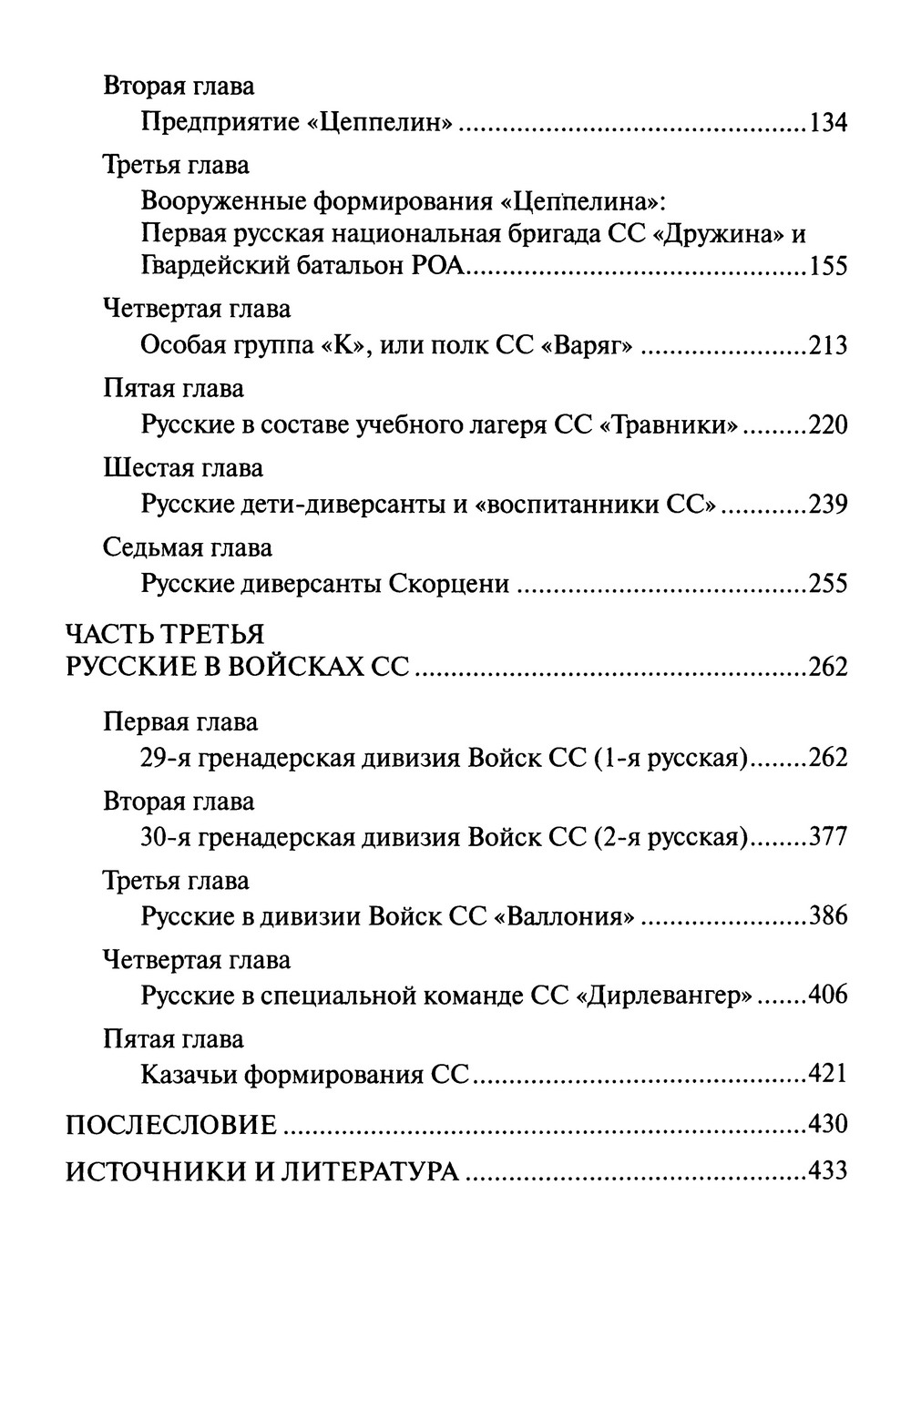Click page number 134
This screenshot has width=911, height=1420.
click(x=827, y=122)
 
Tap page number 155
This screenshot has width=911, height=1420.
click(x=827, y=266)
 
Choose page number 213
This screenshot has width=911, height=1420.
click(x=827, y=345)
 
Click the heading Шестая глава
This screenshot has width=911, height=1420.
click(x=183, y=468)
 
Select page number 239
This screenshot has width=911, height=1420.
click(x=827, y=505)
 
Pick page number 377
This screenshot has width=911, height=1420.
click(x=827, y=837)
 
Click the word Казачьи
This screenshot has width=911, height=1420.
click(x=189, y=1075)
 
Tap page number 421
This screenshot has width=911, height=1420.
click(x=827, y=1075)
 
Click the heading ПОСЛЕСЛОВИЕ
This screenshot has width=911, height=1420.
click(x=171, y=1125)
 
